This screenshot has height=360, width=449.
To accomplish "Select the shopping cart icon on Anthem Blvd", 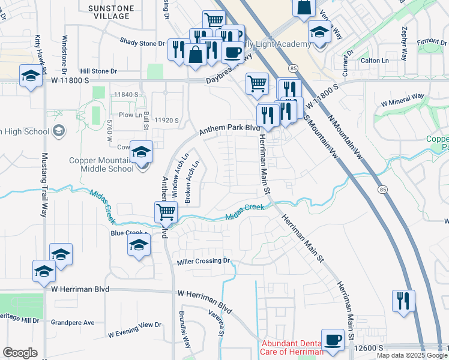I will (166, 211).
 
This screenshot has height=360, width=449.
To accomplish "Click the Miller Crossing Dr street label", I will (204, 262).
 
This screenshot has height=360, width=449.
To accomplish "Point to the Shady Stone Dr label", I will (142, 43).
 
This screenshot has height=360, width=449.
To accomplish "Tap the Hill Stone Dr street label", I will (99, 71).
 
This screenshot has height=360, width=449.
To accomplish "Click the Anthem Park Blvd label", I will (230, 128).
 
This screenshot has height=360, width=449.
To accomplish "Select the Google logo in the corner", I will (20, 353).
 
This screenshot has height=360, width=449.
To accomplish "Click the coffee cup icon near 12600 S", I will (333, 340).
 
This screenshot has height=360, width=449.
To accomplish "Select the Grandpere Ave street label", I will (73, 323).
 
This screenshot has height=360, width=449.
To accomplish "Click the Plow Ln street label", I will (130, 115).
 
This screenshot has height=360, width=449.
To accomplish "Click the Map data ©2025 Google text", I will (412, 355).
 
